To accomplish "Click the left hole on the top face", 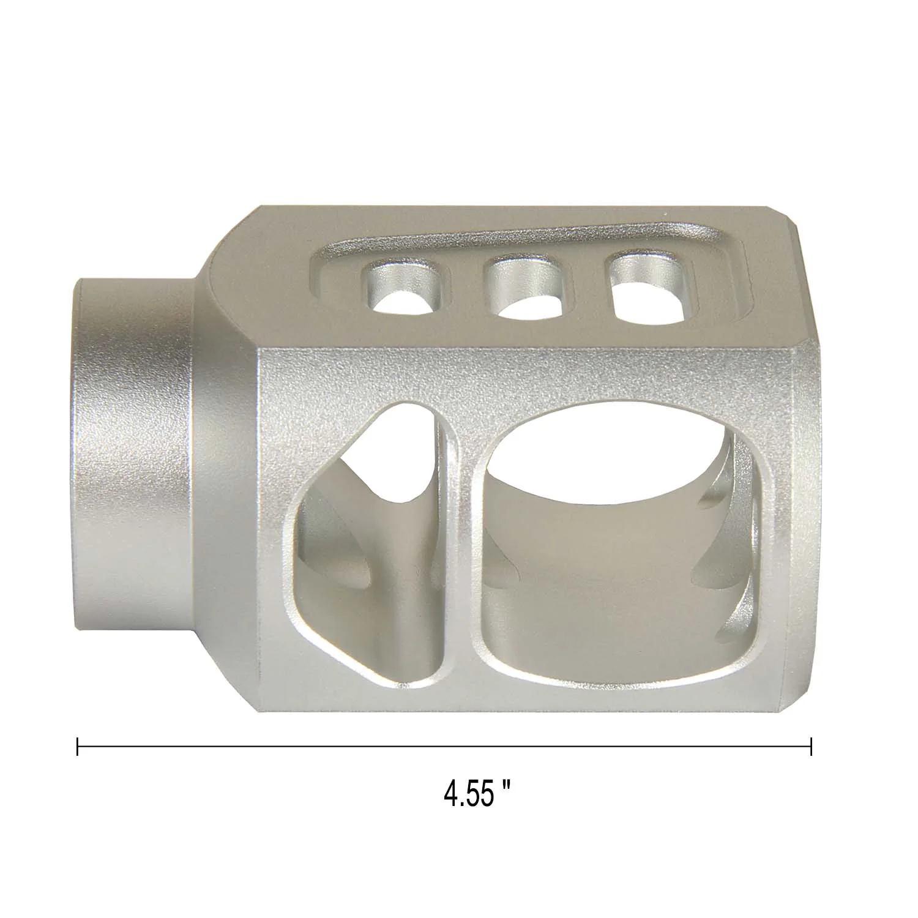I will pos(405,288).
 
